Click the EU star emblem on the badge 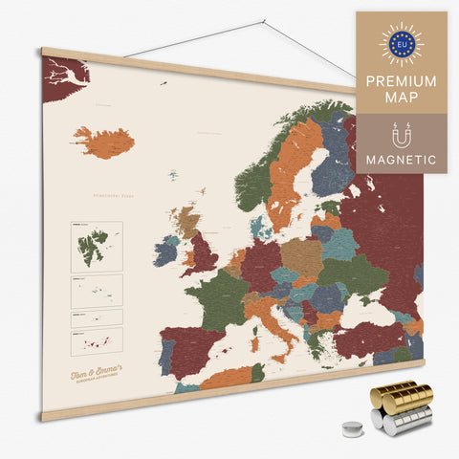[x=401, y=44]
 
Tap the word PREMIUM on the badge [x=401, y=81]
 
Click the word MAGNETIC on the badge [x=401, y=160]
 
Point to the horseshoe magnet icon [x=401, y=132]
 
